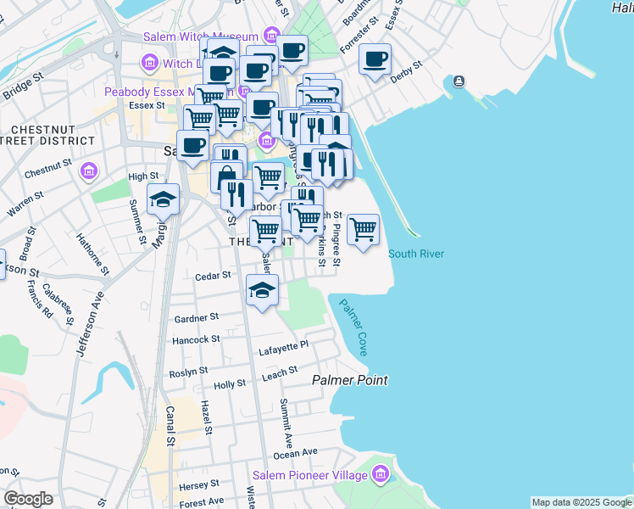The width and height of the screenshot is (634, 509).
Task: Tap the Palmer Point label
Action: pyautogui.click(x=350, y=380)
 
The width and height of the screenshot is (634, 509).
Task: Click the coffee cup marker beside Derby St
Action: pyautogui.click(x=375, y=59)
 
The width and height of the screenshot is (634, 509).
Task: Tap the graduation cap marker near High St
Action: pyautogui.click(x=163, y=200)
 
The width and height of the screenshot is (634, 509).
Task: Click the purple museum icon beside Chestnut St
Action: pyautogui.click(x=87, y=173)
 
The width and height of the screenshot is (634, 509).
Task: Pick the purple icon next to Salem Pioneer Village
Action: pyautogui.click(x=380, y=474)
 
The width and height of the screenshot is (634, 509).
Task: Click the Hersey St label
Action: pyautogui.click(x=200, y=484)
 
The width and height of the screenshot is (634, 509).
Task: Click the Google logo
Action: pyautogui.click(x=28, y=498)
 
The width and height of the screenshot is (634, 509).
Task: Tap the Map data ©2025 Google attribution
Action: pyautogui.click(x=581, y=502)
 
